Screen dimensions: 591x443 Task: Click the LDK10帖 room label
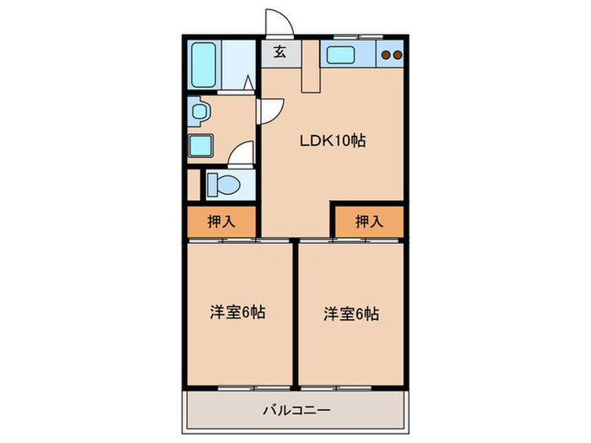pos(333,141)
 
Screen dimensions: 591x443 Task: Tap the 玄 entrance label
pos(279,51)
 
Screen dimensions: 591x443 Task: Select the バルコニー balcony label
pos(296,409)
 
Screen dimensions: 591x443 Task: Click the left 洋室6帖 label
pos(237,312)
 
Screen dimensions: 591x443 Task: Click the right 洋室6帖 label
pos(351,314)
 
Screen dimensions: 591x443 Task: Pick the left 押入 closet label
pos(221,221)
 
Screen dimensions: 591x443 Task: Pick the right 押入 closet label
pos(370,221)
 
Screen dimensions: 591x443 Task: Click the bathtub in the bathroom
pos(203,64)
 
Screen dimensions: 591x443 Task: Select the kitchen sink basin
pos(340,55)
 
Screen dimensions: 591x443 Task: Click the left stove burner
pos(386,55)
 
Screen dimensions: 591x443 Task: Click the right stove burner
pos(398,55)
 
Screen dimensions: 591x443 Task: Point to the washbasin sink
pos(199,111)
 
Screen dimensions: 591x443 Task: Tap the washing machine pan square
pos(201,145)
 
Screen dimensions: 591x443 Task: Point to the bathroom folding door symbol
pos(248,83)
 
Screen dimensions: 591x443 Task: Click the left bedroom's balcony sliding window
pos(253,387)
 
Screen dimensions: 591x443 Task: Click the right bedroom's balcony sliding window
pos(336,387)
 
